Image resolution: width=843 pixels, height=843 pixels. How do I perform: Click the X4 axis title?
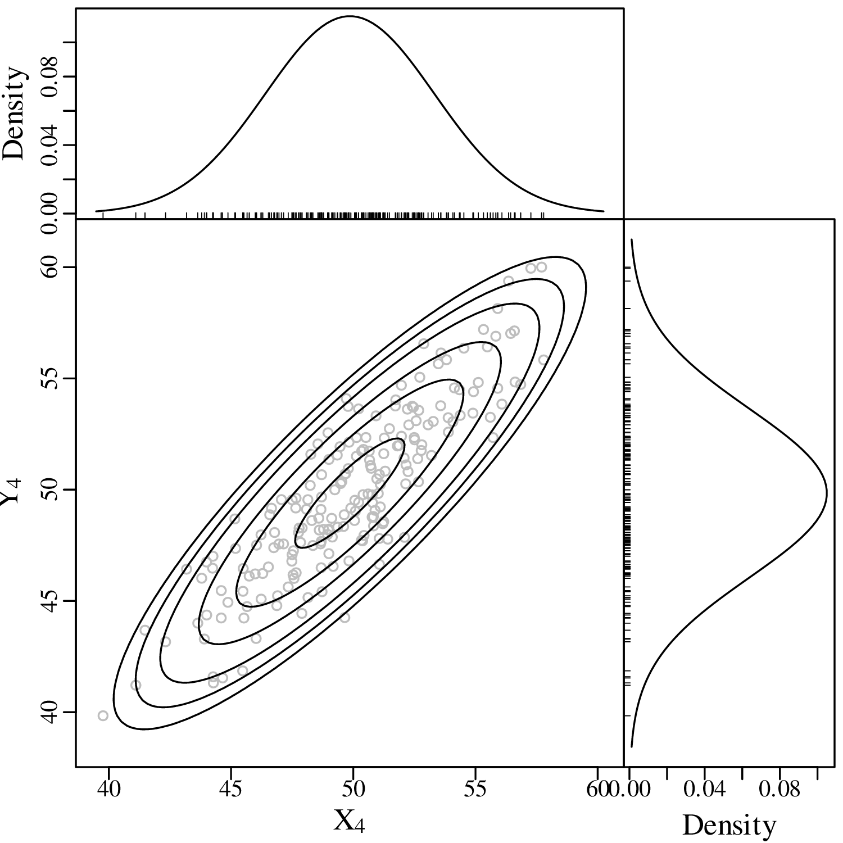pos(349,822)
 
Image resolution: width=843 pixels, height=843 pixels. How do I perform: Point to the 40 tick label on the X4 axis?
pos(108,790)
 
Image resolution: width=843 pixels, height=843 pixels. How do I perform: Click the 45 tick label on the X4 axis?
pos(230,790)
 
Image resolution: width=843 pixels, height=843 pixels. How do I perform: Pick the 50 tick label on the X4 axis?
pos(353,790)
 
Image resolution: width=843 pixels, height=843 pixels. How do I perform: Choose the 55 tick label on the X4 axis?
pos(475,790)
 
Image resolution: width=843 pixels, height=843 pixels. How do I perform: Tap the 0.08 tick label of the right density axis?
pos(779,790)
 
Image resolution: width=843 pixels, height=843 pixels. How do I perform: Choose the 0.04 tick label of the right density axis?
pos(704,790)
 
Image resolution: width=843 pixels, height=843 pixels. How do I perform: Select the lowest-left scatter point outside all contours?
pos(103,715)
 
